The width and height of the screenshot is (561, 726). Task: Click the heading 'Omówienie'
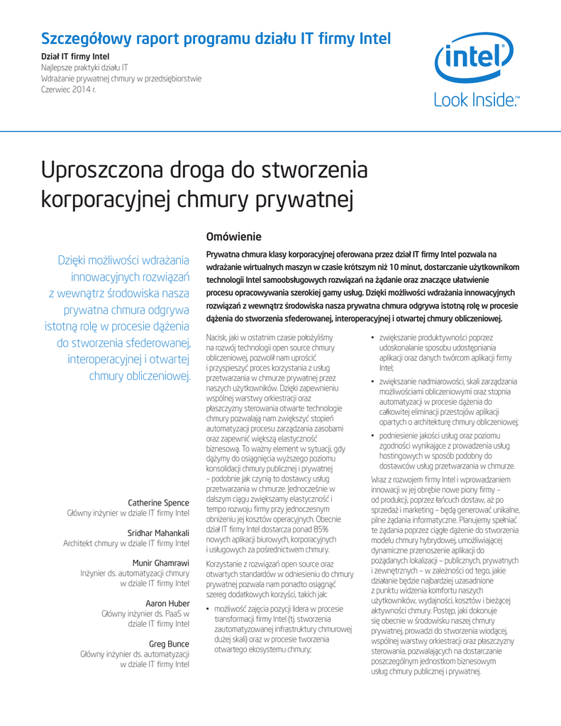coord(233,236)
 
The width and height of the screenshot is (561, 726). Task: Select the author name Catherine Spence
coord(158,503)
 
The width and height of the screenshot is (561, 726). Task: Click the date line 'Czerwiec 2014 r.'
coord(69,90)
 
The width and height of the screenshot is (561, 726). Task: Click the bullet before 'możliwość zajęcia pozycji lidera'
coord(208,610)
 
